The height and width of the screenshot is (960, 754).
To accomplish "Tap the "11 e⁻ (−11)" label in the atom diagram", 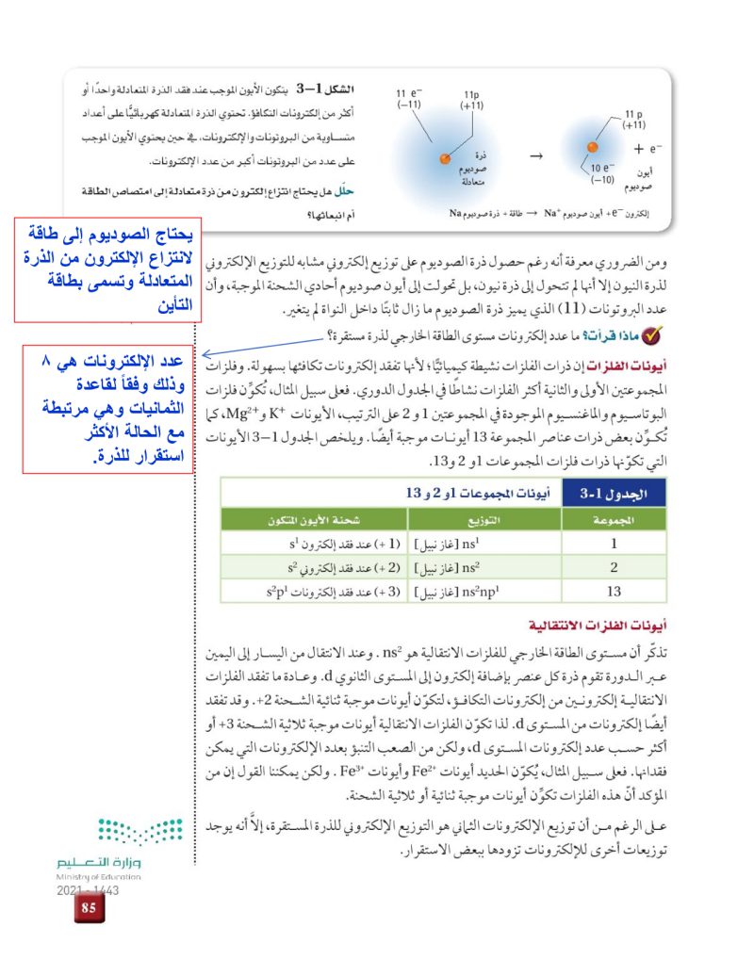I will [408, 99].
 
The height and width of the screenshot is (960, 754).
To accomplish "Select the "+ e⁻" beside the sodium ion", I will [647, 149].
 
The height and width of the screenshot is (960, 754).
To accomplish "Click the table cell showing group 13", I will [613, 591].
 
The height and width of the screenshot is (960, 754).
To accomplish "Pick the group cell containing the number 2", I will [613, 566].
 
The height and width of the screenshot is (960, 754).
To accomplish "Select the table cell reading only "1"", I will [613, 543].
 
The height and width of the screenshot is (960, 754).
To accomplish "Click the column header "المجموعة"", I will [613, 519].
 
